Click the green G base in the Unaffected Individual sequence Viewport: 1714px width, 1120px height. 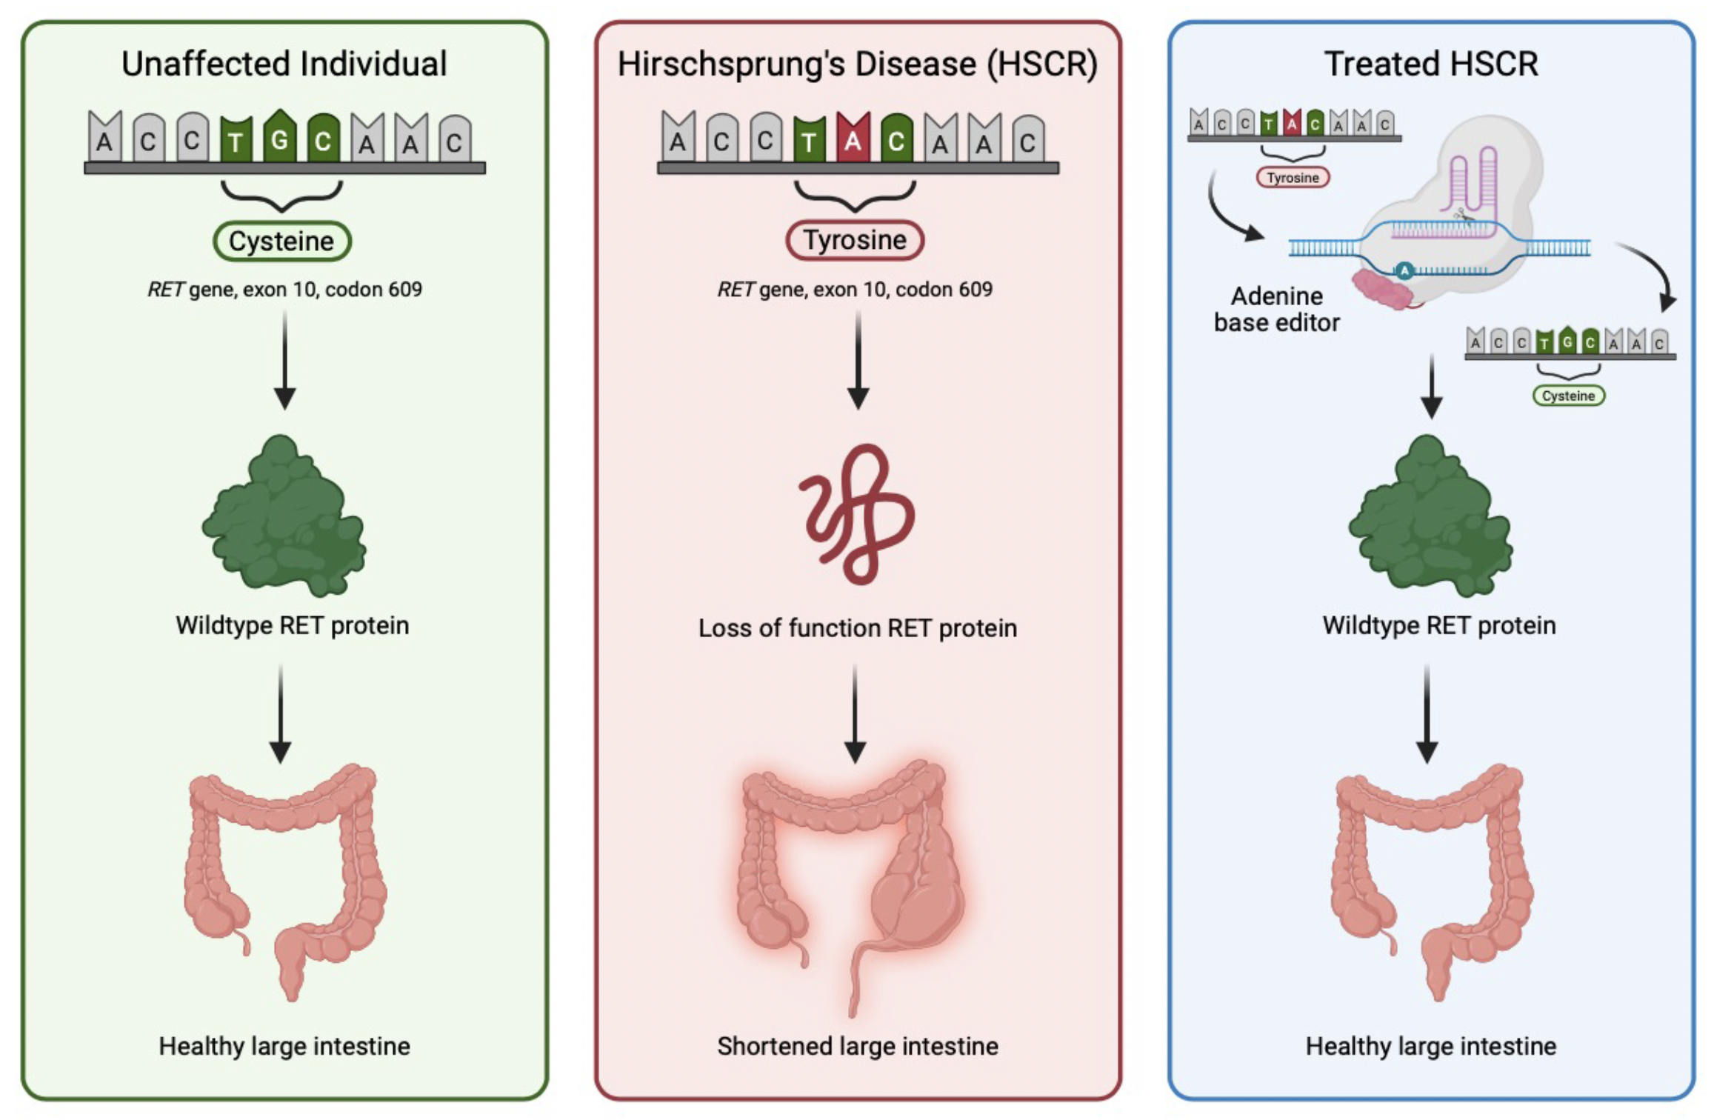pos(279,138)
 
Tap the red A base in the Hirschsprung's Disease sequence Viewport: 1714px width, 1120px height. pos(853,139)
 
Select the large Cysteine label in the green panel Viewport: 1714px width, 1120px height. pos(281,241)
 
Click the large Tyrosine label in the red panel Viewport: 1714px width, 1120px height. pos(855,240)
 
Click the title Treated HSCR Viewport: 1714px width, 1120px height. pos(1430,64)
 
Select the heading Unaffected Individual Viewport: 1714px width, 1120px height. pos(284,64)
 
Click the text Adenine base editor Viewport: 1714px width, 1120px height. pos(1276,310)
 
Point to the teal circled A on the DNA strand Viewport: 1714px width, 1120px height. pos(1404,271)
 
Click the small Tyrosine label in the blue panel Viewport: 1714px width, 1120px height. pos(1293,178)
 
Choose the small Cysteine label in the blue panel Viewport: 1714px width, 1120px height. pos(1568,396)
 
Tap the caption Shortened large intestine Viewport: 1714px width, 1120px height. pos(857,1046)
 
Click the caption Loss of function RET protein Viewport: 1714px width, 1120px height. pos(857,628)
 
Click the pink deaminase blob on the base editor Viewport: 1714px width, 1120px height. pos(1382,289)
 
